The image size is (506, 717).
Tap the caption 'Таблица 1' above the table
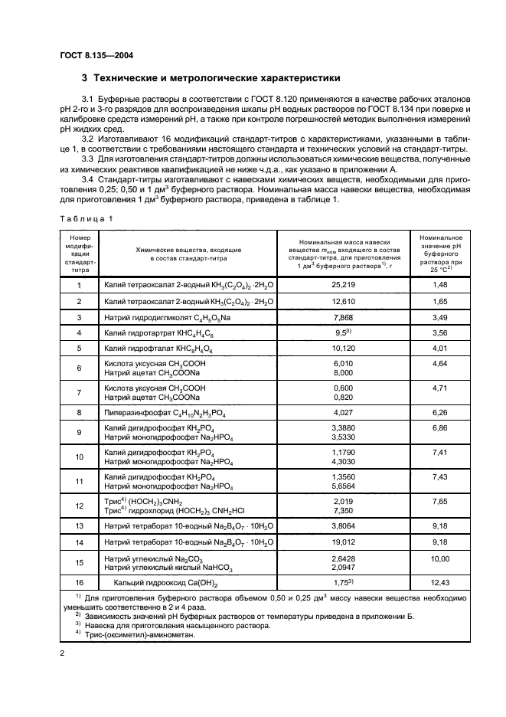click(x=86, y=218)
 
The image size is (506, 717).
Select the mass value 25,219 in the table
click(x=344, y=285)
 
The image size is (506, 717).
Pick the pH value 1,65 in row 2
click(x=439, y=302)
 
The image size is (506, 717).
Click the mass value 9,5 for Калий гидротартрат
click(x=344, y=333)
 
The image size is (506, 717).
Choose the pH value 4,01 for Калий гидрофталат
click(x=439, y=349)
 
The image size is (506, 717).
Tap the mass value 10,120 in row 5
click(x=344, y=349)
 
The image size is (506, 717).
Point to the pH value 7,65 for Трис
click(x=439, y=500)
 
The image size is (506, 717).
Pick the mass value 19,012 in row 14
click(x=344, y=542)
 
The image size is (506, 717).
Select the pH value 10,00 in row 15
click(x=439, y=559)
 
